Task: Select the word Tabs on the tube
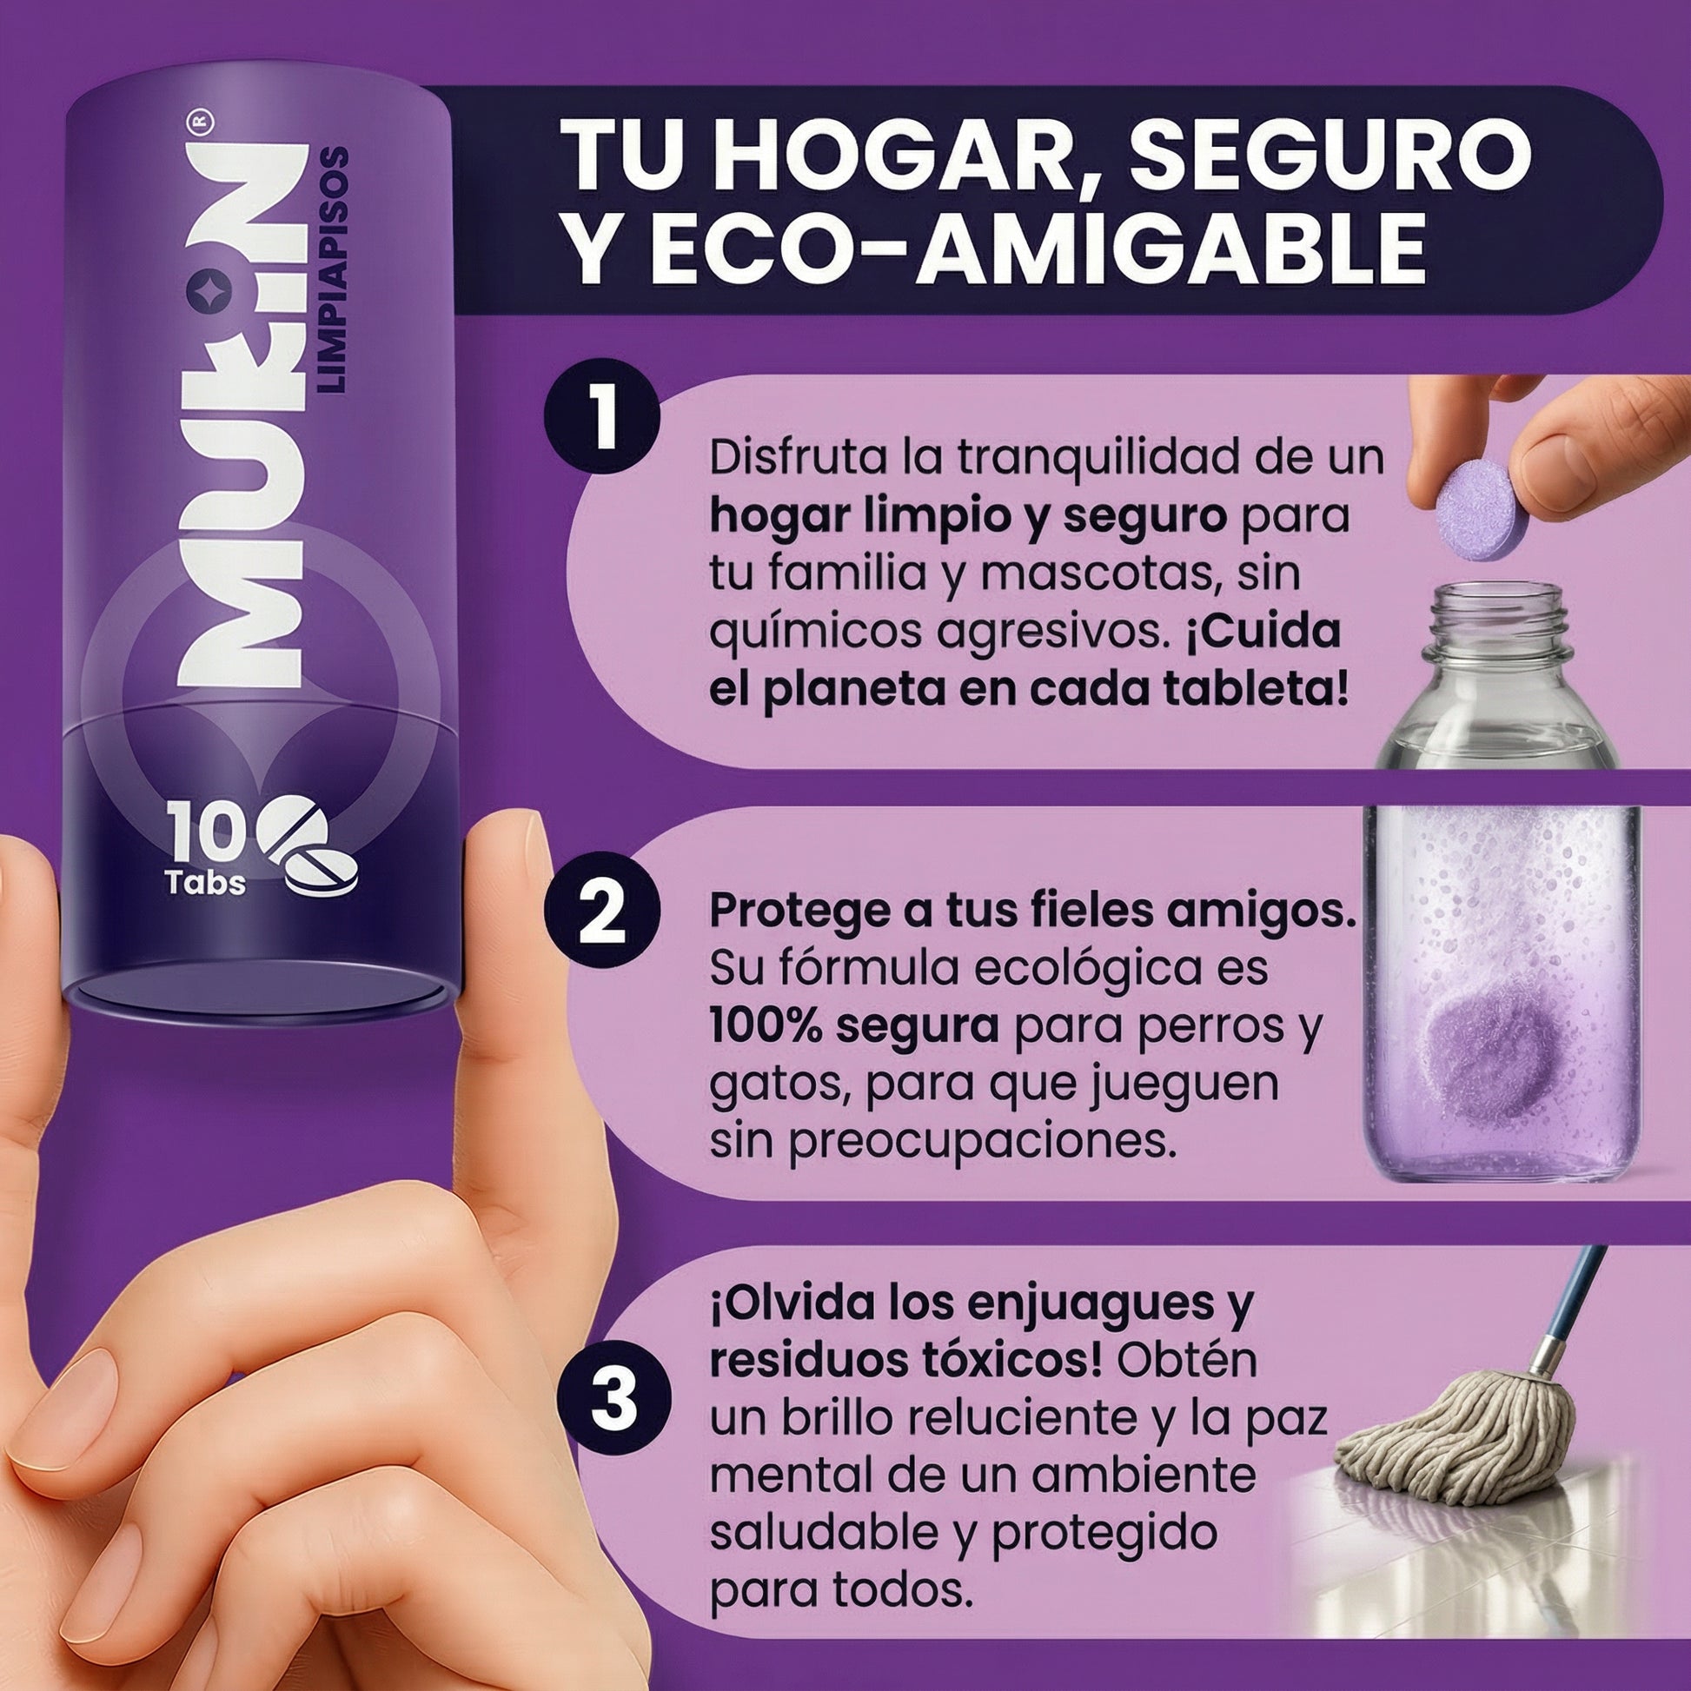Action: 206,881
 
